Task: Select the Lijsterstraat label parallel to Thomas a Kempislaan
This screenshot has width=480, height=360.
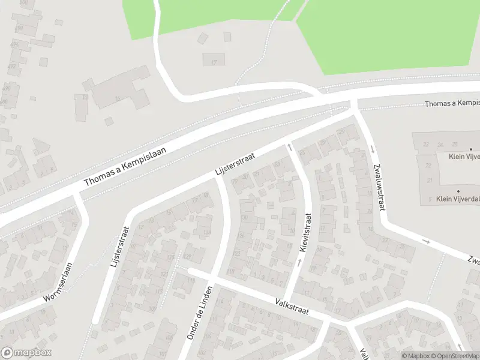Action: pos(235,165)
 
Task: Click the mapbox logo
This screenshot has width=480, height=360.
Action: pos(26,353)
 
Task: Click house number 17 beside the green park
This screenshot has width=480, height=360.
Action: pos(213,61)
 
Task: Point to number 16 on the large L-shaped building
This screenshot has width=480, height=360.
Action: pos(118,99)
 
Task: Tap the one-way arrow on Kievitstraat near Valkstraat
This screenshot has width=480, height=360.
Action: pos(298,262)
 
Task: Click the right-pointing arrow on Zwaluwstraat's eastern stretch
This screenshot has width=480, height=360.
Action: pos(427,241)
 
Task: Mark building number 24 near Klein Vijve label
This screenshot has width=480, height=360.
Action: pos(440,145)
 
